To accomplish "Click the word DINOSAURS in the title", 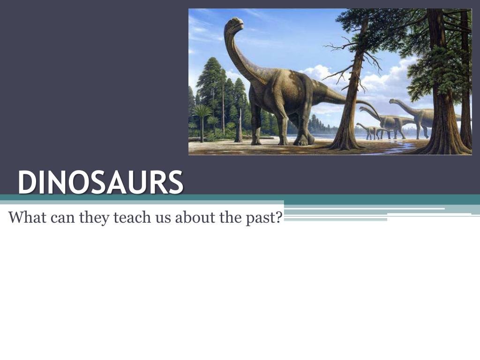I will coord(100,182).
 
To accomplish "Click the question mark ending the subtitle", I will coord(278,217).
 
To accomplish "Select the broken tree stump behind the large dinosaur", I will coord(239,127).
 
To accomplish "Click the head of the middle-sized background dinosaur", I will coord(362,109).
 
